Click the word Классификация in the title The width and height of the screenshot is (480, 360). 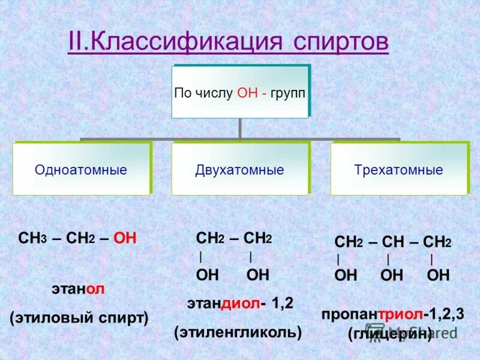point(181,43)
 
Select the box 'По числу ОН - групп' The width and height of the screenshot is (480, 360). point(240,92)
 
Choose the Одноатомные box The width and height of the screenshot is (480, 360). point(81,169)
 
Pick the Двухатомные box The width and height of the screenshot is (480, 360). point(239,169)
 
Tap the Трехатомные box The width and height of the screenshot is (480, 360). point(398,169)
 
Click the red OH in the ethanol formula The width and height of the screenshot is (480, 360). point(125,239)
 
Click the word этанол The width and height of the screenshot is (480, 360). point(78,289)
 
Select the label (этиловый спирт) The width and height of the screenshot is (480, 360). point(79,317)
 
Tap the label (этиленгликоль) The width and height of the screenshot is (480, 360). point(238,331)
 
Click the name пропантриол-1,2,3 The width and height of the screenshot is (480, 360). point(392,314)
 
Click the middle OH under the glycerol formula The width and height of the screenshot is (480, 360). point(392,275)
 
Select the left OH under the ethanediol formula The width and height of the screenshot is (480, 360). point(208,275)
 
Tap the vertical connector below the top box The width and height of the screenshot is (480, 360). point(240,128)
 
